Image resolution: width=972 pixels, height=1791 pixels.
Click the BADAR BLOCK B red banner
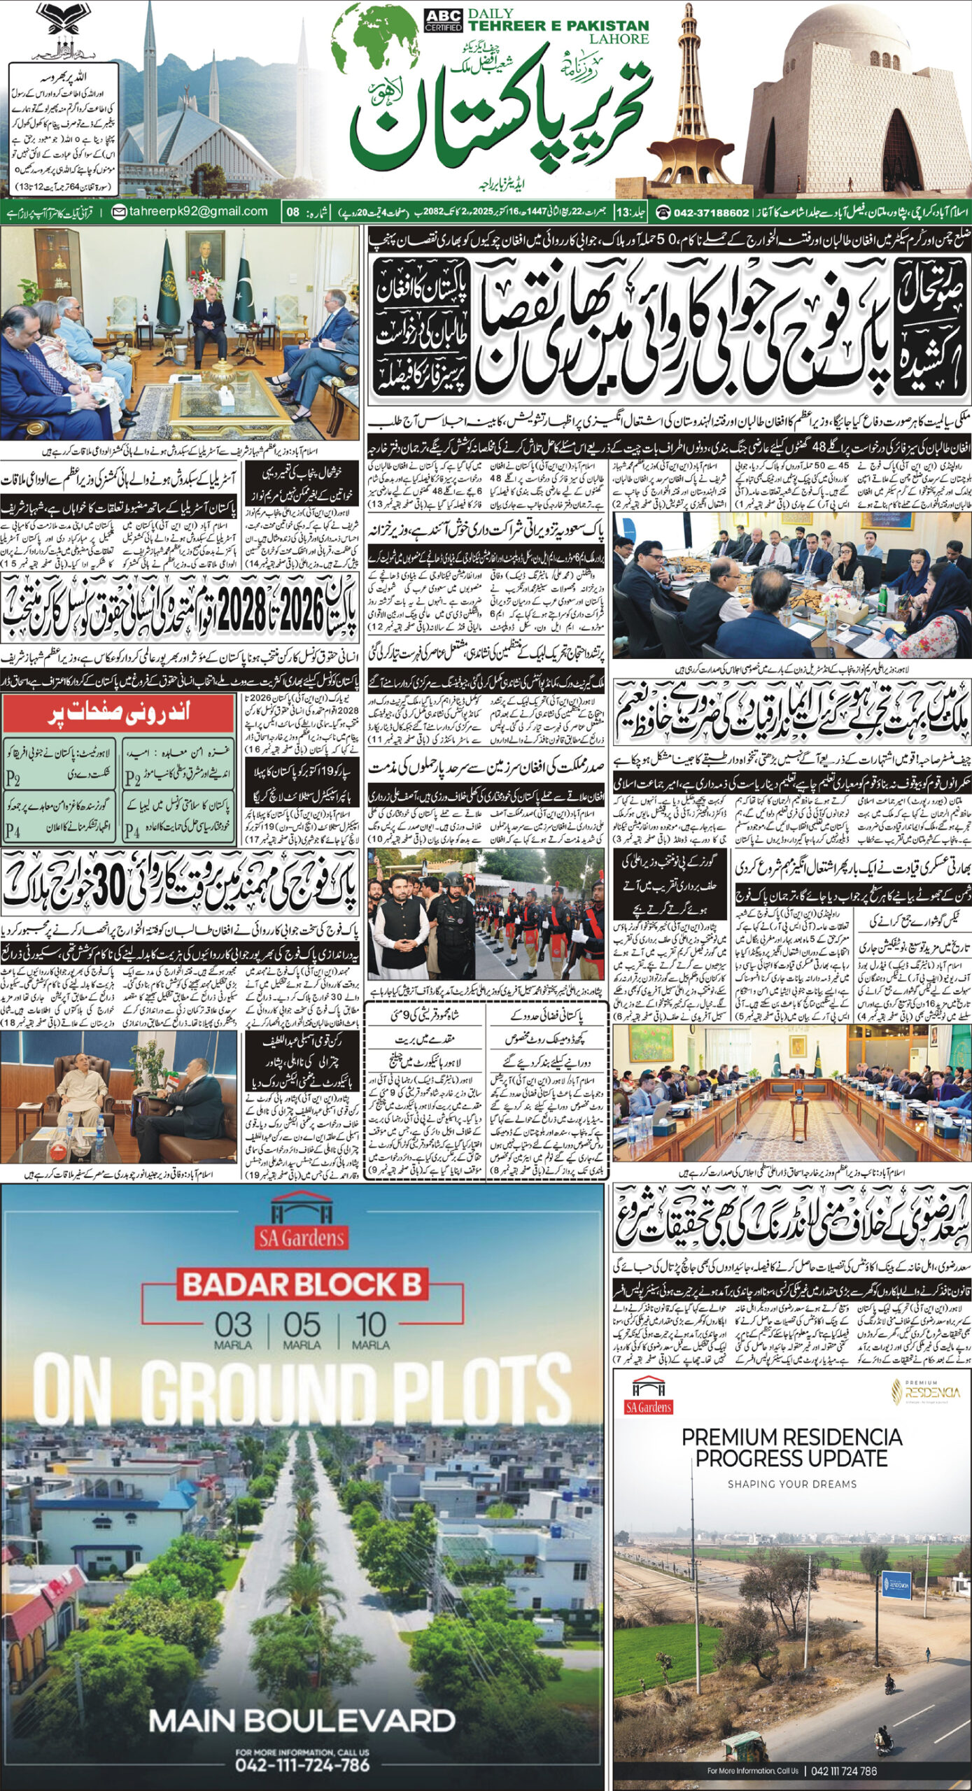click(x=302, y=1284)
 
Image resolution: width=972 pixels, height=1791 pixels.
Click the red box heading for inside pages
click(x=118, y=714)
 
